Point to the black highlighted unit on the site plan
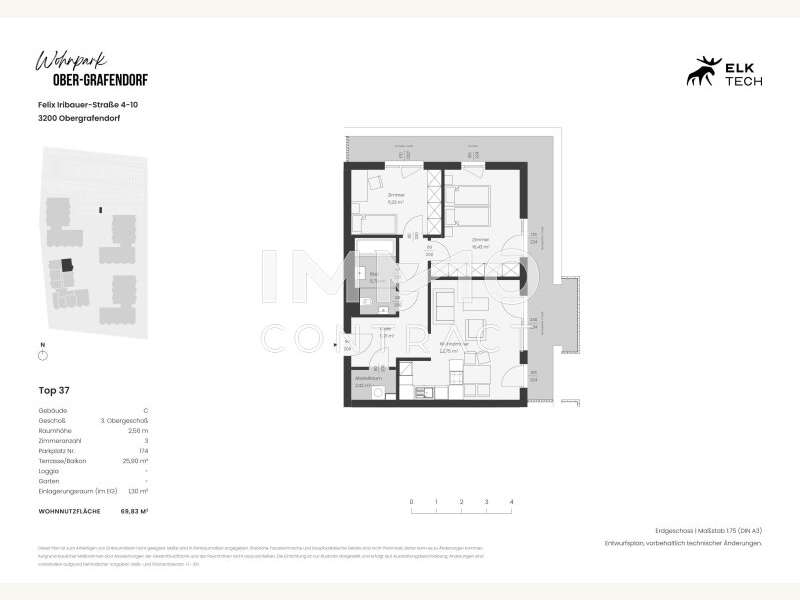click(68, 265)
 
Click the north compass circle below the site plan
click(42, 355)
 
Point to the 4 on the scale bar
click(511, 501)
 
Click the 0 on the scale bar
click(411, 501)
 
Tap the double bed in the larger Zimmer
click(470, 205)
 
